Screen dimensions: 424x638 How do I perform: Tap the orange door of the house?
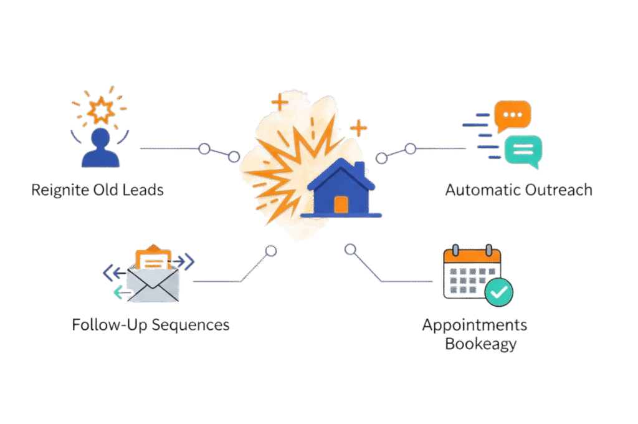(341, 205)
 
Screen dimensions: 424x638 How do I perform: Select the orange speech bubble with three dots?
(512, 117)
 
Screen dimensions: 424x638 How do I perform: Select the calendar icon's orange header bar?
(471, 256)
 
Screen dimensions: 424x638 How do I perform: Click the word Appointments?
(474, 325)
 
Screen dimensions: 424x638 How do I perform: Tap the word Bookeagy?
(480, 344)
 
